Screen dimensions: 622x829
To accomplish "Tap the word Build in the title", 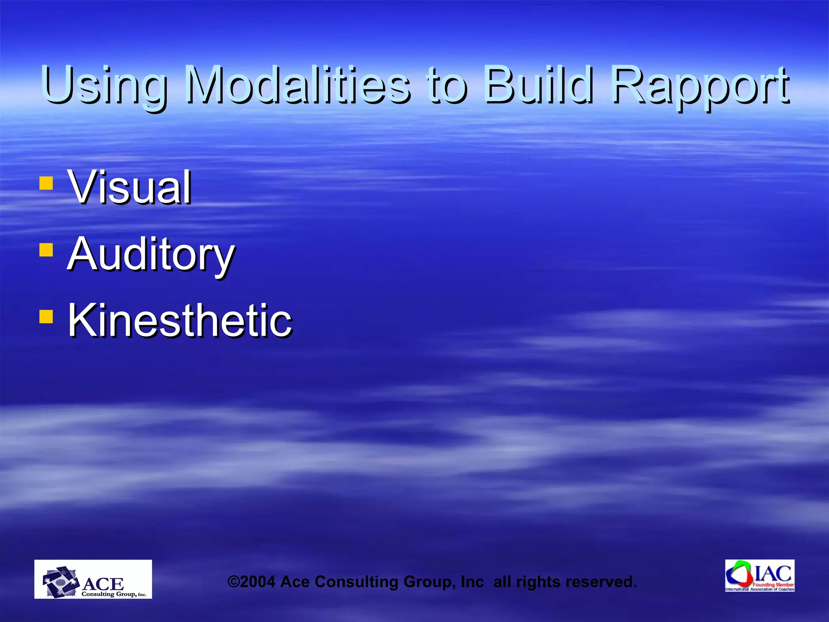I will pyautogui.click(x=538, y=85).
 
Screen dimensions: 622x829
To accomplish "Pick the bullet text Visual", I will pyautogui.click(x=130, y=187).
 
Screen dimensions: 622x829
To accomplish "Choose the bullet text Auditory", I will pyautogui.click(x=151, y=254).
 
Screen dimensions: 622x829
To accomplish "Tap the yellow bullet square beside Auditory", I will pyautogui.click(x=46, y=249).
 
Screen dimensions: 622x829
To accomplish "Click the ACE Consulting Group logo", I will pyautogui.click(x=93, y=579).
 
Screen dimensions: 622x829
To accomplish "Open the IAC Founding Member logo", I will pyautogui.click(x=760, y=575).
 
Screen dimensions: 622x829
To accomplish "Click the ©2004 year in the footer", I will pyautogui.click(x=251, y=582).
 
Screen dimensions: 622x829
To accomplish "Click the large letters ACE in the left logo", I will pyautogui.click(x=103, y=584).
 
